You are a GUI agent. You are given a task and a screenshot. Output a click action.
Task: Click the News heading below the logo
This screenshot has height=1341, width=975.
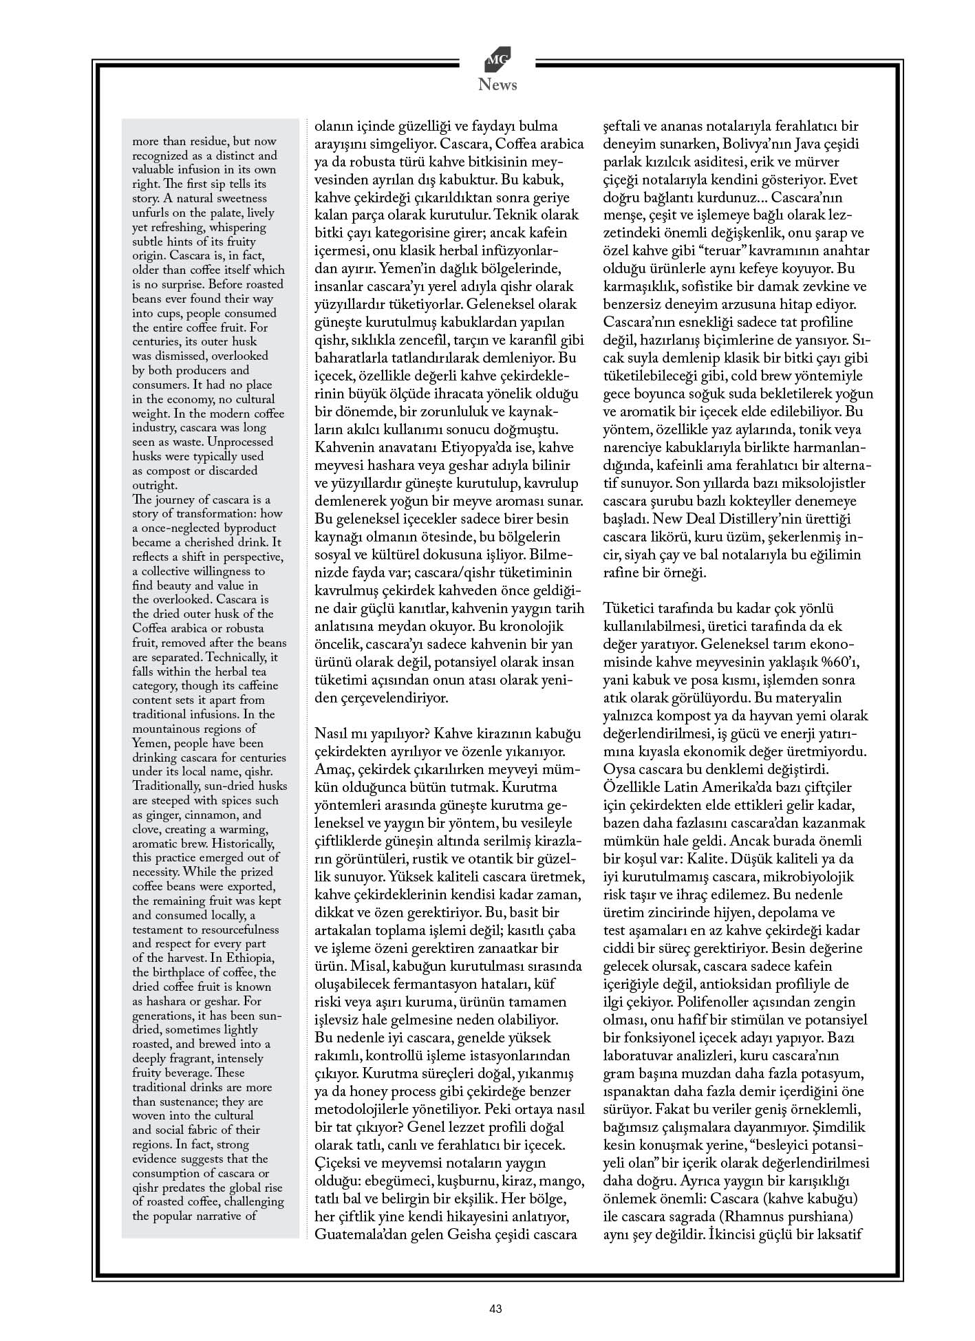click(497, 85)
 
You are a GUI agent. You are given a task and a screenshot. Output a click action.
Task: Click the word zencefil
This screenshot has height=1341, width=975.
click(435, 341)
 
